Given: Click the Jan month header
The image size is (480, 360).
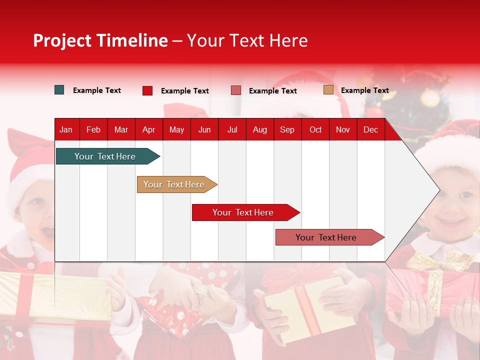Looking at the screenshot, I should click(x=66, y=129).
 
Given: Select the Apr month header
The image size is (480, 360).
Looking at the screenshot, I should click(x=148, y=129).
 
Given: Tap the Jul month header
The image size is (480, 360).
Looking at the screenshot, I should click(x=232, y=129).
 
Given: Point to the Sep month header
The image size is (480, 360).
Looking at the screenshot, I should click(x=287, y=129).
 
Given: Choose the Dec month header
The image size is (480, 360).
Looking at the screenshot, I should click(x=370, y=129).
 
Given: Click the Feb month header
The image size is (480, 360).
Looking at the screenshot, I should click(x=93, y=129).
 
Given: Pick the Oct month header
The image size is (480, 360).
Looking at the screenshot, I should click(x=315, y=129).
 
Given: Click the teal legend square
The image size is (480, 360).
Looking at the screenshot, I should click(x=59, y=90).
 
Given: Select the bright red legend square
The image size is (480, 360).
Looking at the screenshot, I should click(x=147, y=90).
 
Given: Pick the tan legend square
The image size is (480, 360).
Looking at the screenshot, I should click(x=328, y=90).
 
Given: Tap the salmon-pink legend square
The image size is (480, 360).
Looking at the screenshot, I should click(x=236, y=90).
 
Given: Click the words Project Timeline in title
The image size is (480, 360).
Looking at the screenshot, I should click(x=100, y=40).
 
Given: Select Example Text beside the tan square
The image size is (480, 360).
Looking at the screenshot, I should click(x=364, y=90).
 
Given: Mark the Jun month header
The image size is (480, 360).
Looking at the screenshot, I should click(x=204, y=129).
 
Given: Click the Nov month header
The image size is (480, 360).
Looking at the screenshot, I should click(x=343, y=129).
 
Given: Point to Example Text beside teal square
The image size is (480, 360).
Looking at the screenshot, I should click(x=97, y=90).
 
